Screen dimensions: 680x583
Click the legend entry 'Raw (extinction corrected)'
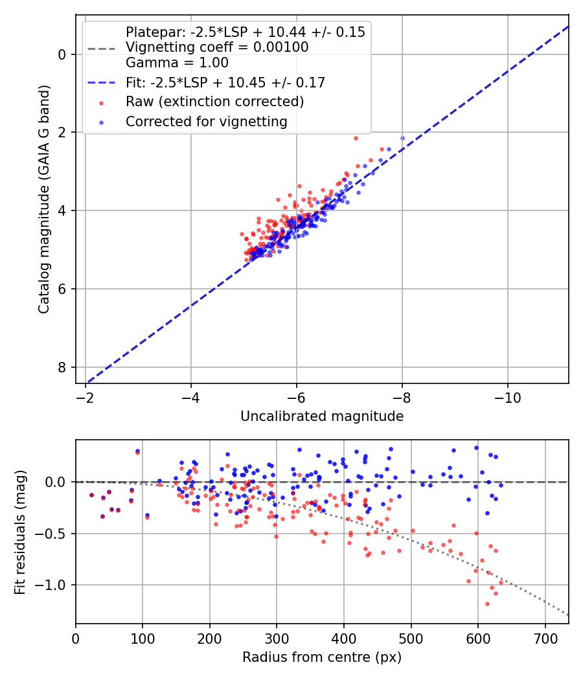(214, 102)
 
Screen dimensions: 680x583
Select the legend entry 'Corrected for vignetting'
(206, 121)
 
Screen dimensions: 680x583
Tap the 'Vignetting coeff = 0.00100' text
(217, 47)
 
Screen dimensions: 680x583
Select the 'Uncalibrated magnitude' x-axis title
(322, 416)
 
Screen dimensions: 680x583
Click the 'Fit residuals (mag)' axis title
(20, 532)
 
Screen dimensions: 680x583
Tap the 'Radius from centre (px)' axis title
(322, 657)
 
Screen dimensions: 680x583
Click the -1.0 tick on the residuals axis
(54, 585)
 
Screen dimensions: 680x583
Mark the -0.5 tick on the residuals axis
(54, 534)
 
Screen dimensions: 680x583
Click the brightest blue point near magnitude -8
(402, 138)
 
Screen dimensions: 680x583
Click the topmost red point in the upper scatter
(356, 138)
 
